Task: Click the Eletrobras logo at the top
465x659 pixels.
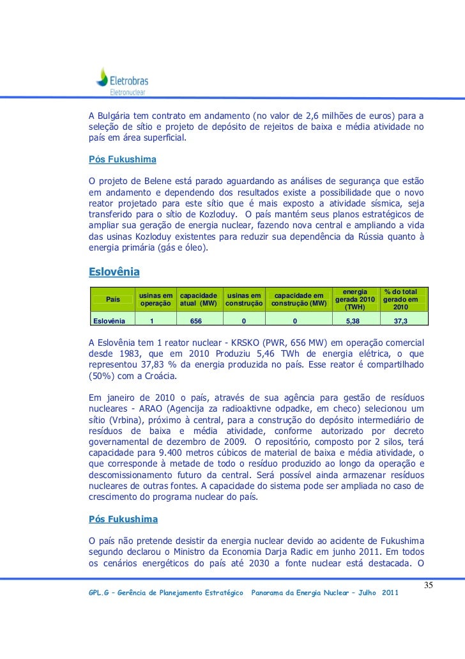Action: (121, 82)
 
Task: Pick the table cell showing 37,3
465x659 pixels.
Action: (402, 321)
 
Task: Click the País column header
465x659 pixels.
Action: (112, 299)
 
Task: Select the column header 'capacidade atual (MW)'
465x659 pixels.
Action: (200, 299)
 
